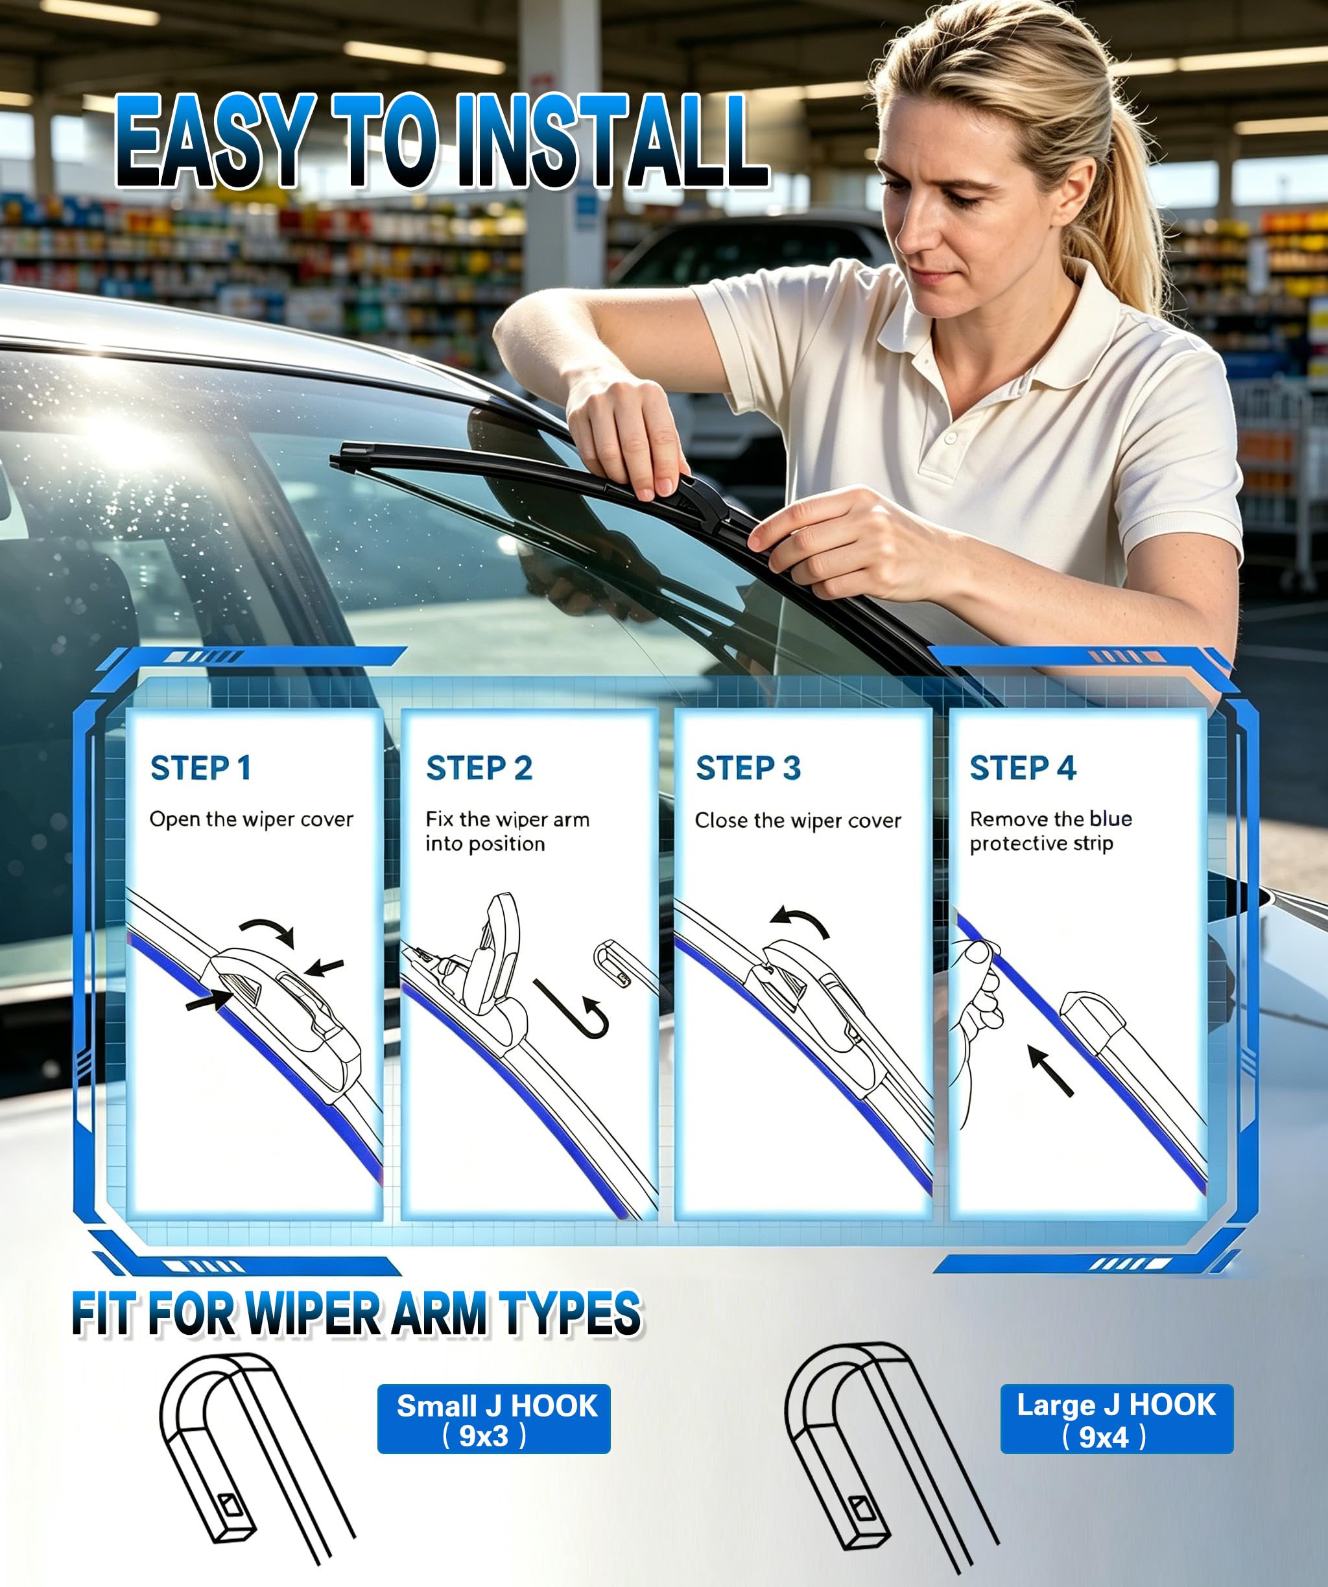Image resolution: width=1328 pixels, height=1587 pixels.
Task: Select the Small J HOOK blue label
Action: coord(493,1419)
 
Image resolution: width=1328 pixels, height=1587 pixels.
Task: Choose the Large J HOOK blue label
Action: coord(1117,1419)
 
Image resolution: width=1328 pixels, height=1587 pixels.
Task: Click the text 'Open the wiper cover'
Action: coord(252,820)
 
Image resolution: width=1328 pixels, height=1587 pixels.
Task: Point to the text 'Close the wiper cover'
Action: coord(798,821)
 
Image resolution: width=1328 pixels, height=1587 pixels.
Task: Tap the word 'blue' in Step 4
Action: coord(1110,818)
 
